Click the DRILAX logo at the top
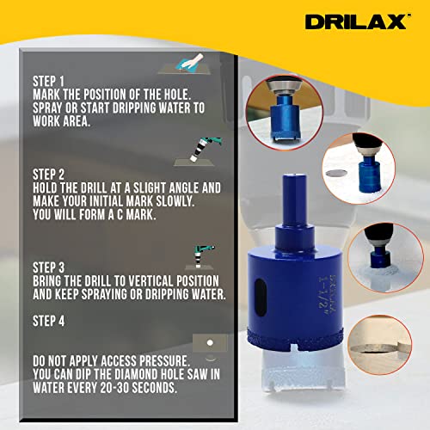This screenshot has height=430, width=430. pos(356,21)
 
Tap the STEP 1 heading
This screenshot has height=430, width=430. pos(48,82)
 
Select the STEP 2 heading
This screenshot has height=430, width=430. pos(48,175)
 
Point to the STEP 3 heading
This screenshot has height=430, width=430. pos(48,267)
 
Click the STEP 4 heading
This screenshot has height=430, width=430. pos(48,321)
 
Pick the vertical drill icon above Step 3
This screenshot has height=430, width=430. pos(200,257)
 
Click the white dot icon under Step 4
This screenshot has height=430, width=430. pos(210,342)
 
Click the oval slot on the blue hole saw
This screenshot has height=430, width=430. pos(261,298)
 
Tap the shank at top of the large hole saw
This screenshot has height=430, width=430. pos(294,199)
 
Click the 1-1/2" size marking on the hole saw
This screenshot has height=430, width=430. pos(323,296)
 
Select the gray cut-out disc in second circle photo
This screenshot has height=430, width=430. pos(336,173)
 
